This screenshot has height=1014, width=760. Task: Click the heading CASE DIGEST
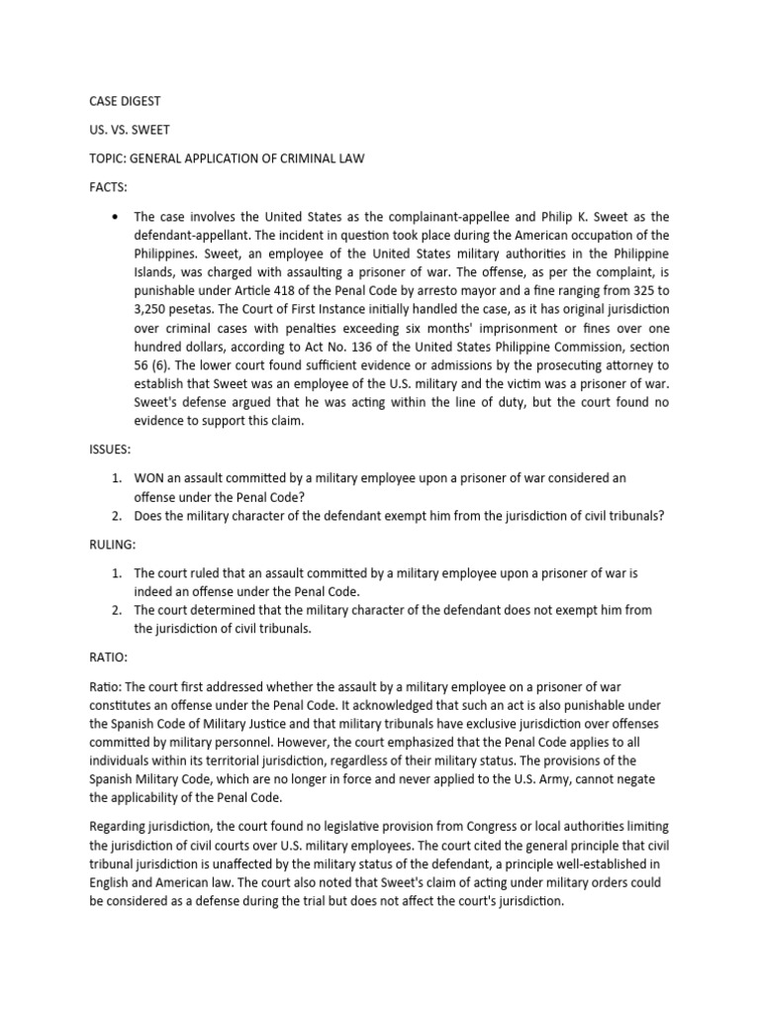pos(124,101)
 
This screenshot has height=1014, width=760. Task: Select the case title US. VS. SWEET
pos(126,129)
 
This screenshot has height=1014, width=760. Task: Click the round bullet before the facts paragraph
pos(117,216)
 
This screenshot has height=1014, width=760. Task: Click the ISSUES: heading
pos(110,449)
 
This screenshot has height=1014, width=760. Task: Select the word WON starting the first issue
pos(150,477)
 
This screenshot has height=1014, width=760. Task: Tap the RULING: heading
pos(113,544)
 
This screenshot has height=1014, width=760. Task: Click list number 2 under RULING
pos(116,610)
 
